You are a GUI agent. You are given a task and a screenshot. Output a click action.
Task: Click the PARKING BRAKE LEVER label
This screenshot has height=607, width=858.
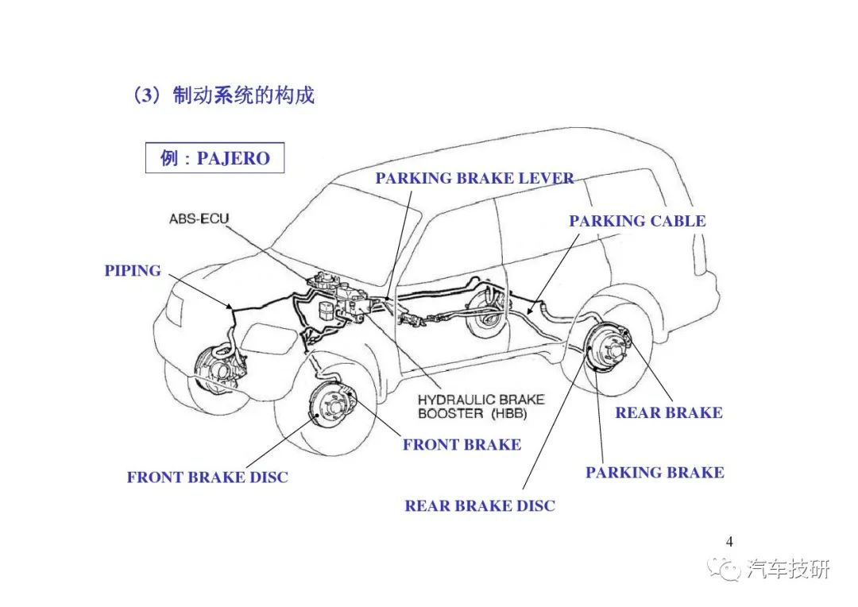[x=474, y=179]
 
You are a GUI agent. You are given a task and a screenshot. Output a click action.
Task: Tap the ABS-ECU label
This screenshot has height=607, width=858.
[x=199, y=219]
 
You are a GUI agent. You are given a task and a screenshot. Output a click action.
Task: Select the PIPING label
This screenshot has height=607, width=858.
[x=133, y=271]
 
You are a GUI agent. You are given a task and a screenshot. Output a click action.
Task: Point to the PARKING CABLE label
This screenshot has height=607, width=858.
[x=637, y=221]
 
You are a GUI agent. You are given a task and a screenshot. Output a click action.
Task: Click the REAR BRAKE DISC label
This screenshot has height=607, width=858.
[x=480, y=506]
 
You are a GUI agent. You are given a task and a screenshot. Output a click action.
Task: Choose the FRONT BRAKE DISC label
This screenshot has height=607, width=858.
[x=207, y=477]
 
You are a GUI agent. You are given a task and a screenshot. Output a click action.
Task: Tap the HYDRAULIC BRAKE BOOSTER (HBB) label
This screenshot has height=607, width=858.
[x=481, y=407]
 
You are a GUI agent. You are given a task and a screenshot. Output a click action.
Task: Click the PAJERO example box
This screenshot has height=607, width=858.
[x=214, y=158]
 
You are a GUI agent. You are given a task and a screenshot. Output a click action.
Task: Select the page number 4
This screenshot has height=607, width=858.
[x=729, y=542]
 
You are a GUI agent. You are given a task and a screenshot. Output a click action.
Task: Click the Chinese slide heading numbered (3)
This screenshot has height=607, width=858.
[x=224, y=95]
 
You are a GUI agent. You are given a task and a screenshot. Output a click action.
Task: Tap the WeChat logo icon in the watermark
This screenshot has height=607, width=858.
[x=724, y=569]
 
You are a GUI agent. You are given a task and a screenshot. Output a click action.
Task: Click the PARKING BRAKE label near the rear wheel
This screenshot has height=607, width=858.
[x=655, y=473]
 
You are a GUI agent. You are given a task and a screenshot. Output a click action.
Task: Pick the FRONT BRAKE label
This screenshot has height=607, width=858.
[x=462, y=445]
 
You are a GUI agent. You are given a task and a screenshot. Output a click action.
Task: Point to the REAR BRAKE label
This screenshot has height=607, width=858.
[x=669, y=412]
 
